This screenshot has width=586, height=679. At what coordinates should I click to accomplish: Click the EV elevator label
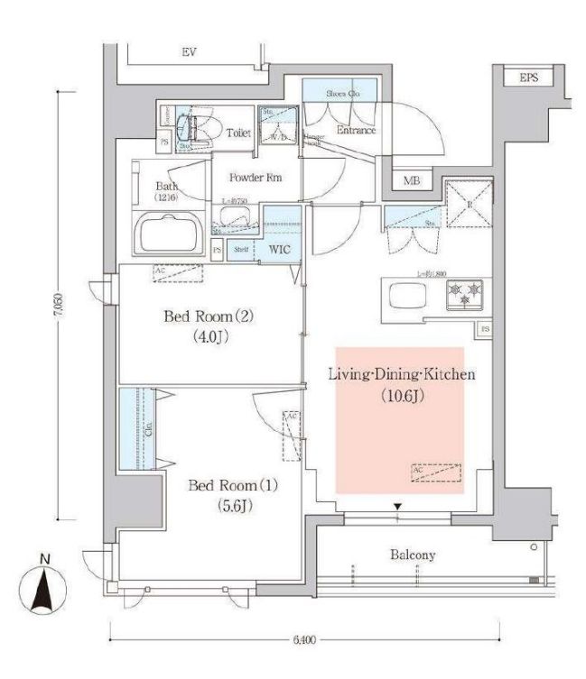(x=189, y=53)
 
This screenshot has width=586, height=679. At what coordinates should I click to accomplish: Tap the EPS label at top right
(x=529, y=78)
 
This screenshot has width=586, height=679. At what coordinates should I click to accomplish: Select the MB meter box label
(x=412, y=181)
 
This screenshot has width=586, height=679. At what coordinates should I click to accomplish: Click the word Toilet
(x=238, y=133)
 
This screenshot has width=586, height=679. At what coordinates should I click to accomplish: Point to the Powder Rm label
(x=255, y=178)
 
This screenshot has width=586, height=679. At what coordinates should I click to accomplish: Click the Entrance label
(x=356, y=130)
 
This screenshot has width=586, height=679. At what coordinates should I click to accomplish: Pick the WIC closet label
(x=278, y=250)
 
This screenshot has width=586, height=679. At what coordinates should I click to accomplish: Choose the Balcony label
(x=413, y=555)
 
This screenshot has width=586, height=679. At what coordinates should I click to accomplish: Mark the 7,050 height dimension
(x=60, y=305)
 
